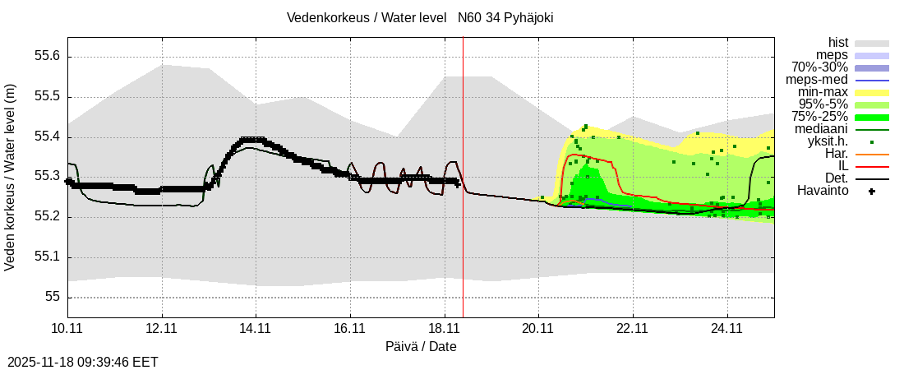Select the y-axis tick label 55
pyautogui.click(x=53, y=297)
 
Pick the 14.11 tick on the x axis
pyautogui.click(x=256, y=328)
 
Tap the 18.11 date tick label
pyautogui.click(x=445, y=328)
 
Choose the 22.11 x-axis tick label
pyautogui.click(x=633, y=328)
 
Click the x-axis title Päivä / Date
pyautogui.click(x=421, y=347)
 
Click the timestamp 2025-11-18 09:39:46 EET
pyautogui.click(x=83, y=362)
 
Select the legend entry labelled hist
pyautogui.click(x=838, y=43)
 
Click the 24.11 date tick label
pyautogui.click(x=727, y=328)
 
